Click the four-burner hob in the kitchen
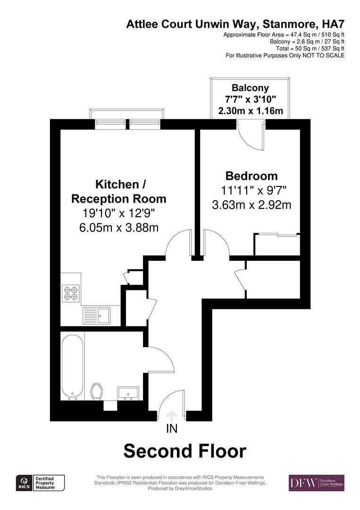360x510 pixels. [70, 293]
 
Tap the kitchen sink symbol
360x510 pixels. [96, 314]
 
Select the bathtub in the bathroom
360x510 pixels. [73, 365]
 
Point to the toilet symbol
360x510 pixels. [96, 391]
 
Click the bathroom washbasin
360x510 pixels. [128, 392]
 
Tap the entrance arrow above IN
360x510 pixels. [172, 415]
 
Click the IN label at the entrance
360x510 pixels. [172, 429]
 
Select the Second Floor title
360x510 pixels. [184, 451]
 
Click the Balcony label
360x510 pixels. [250, 87]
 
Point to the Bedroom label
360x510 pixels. [251, 176]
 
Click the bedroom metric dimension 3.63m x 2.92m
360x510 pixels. [251, 205]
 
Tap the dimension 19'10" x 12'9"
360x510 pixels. [118, 213]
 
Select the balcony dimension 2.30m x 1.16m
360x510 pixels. [251, 111]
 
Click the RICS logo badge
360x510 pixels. [23, 483]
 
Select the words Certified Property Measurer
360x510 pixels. [48, 483]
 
